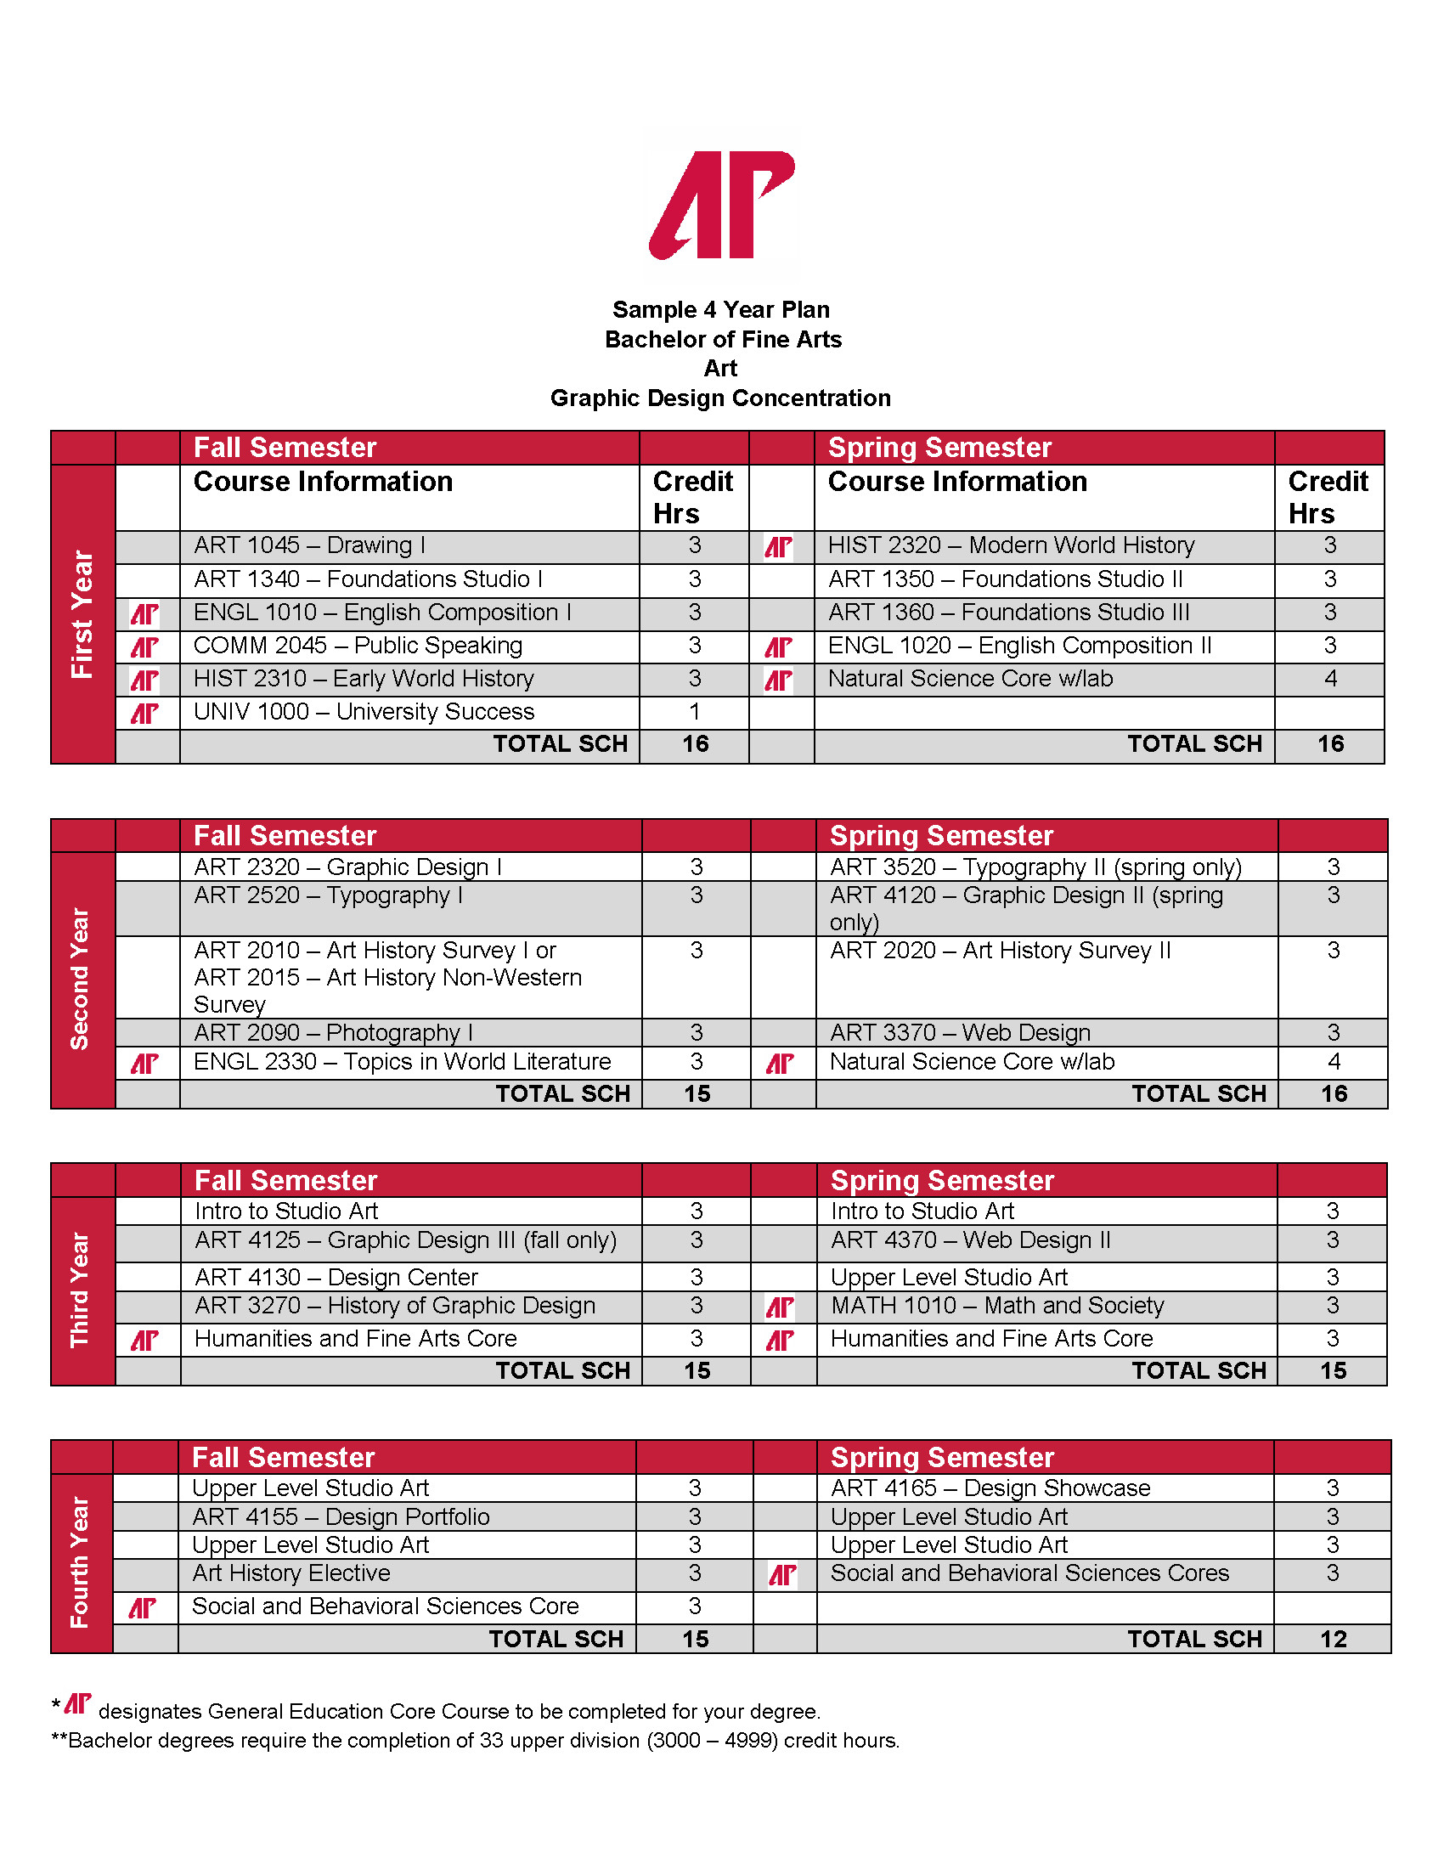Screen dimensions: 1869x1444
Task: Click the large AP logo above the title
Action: [x=722, y=206]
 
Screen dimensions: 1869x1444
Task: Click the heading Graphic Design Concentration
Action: [x=720, y=398]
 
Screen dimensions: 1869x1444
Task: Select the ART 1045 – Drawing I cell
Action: [x=309, y=545]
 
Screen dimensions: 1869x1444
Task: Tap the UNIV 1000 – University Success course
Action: [x=364, y=712]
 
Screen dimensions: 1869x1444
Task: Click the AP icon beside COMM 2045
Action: [x=144, y=647]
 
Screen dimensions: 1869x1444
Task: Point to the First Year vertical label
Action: [x=82, y=613]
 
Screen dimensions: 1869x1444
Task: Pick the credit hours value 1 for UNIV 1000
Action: [x=695, y=712]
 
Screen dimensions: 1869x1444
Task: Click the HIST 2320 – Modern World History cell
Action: [x=1011, y=545]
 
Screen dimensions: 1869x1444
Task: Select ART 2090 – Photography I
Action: [x=333, y=1033]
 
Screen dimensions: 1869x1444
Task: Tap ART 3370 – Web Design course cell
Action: [x=960, y=1033]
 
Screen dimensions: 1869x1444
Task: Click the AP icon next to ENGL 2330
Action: [x=144, y=1063]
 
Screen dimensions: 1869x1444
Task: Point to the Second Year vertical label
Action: [x=81, y=979]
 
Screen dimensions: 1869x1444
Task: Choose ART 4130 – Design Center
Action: [x=336, y=1277]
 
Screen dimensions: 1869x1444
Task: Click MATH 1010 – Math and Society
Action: [x=996, y=1306]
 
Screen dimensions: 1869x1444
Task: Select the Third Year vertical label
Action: [x=81, y=1290]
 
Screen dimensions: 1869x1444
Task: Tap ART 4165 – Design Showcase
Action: [x=990, y=1488]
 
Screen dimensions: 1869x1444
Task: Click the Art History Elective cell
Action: [x=290, y=1573]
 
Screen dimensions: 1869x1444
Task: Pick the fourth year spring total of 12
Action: [x=1333, y=1639]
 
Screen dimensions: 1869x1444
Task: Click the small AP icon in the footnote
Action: [x=78, y=1704]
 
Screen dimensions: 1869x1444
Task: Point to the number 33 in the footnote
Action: [x=491, y=1741]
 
